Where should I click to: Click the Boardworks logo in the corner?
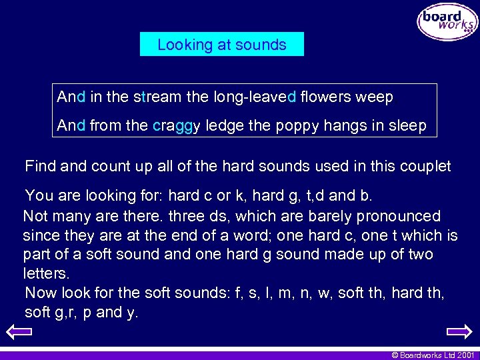point(447,22)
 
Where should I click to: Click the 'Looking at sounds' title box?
point(222,45)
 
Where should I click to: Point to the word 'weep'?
point(375,97)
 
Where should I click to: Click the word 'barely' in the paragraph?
point(331,216)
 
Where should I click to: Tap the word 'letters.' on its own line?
point(45,274)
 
